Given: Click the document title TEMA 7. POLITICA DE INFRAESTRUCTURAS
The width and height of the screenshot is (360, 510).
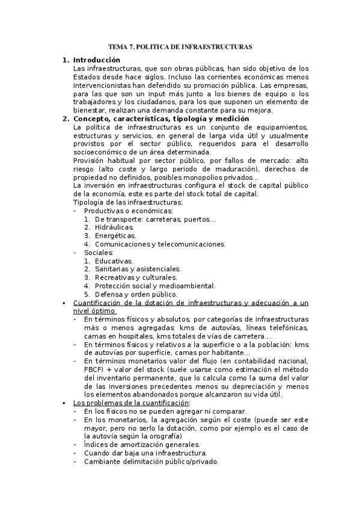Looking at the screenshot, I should coord(180,46).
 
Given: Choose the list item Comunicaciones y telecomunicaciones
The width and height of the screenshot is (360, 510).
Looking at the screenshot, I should coord(160,244).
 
